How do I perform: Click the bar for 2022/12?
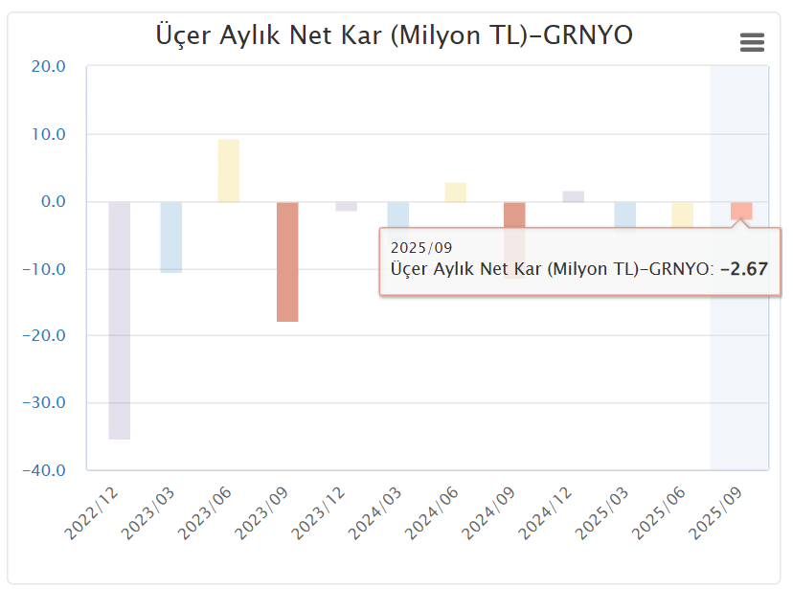click(x=120, y=320)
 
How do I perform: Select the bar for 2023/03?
click(x=171, y=237)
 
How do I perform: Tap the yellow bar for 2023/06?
click(x=228, y=170)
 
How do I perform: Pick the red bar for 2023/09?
click(x=287, y=261)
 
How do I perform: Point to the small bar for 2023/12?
click(x=346, y=206)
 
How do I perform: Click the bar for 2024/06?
click(x=455, y=192)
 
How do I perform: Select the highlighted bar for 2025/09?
click(x=741, y=211)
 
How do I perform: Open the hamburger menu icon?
click(x=753, y=42)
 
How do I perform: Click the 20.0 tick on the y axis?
click(x=47, y=67)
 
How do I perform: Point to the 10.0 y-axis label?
click(x=47, y=134)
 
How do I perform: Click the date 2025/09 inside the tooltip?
click(x=421, y=249)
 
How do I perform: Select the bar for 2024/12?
click(x=573, y=196)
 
